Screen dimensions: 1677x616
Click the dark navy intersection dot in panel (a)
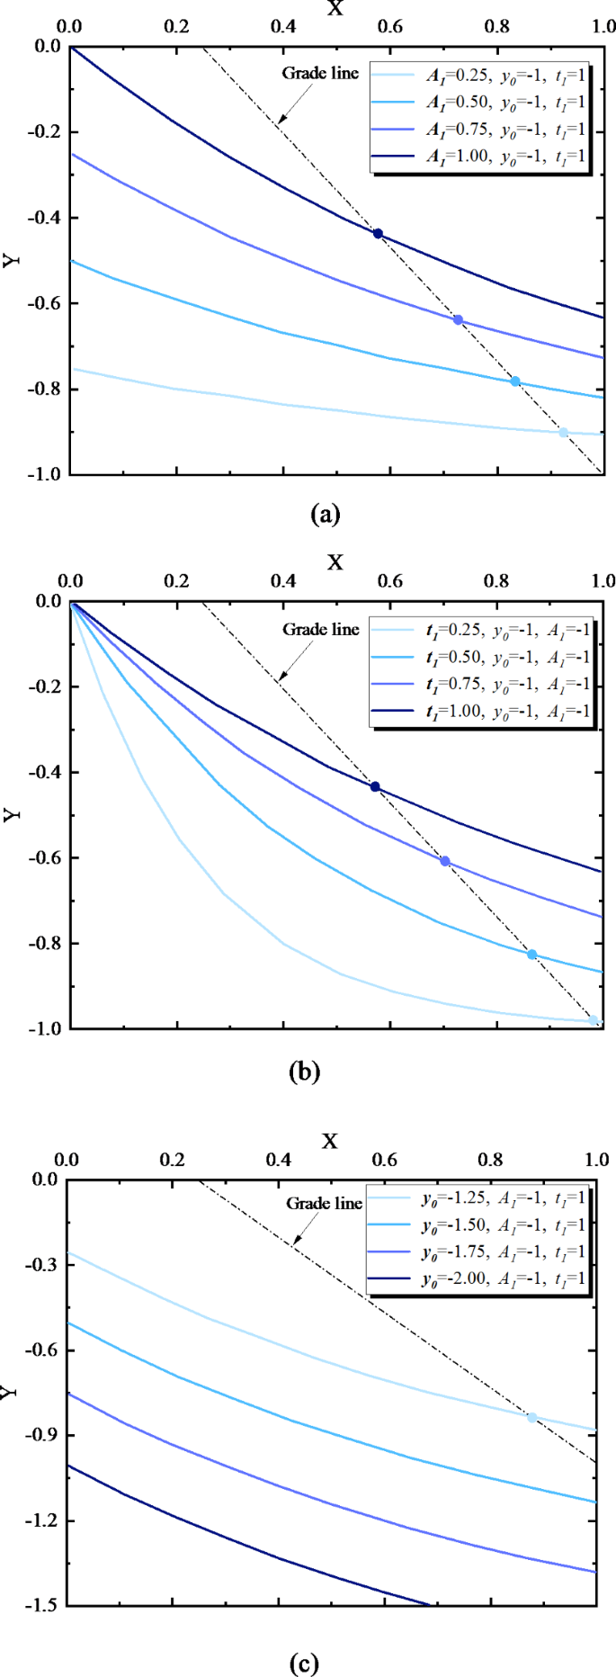[x=378, y=234]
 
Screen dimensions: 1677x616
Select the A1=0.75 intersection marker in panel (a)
[x=458, y=320]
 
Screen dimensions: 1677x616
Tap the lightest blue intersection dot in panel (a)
[x=564, y=433]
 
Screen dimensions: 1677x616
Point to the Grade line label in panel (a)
[x=320, y=74]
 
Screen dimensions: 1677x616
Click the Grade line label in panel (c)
[x=324, y=1204]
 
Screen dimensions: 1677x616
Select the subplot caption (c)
[x=304, y=1664]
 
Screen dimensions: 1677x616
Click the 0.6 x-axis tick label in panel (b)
[x=390, y=581]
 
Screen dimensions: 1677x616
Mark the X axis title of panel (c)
[x=330, y=1142]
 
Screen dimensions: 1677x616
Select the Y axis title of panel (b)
[x=11, y=815]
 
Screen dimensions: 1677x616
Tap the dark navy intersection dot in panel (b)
[x=375, y=787]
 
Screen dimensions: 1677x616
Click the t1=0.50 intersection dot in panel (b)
[x=531, y=955]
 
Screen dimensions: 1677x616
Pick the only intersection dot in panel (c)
[x=531, y=1418]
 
